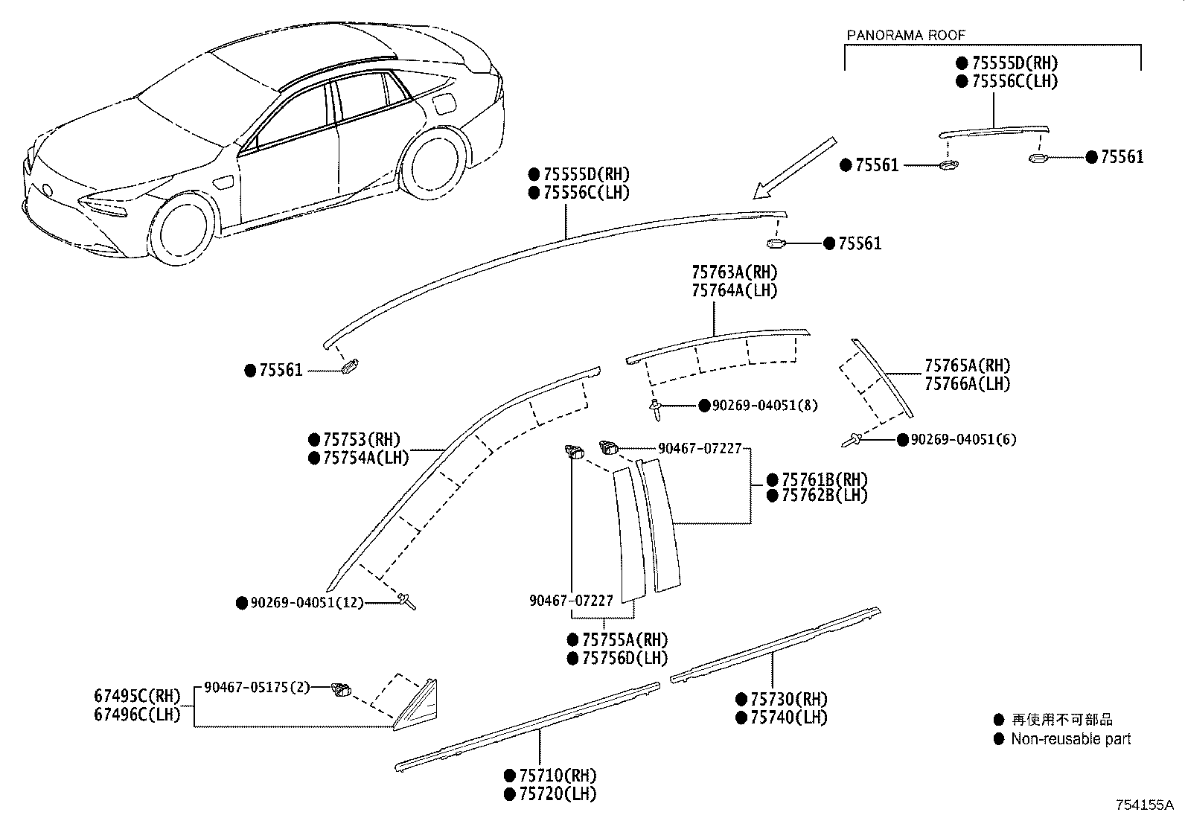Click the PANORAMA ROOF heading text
[906, 35]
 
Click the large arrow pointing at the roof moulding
[793, 168]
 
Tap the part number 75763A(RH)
[734, 272]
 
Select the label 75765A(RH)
[968, 365]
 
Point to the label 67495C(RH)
[137, 696]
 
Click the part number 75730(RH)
[788, 699]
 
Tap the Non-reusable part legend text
[1070, 739]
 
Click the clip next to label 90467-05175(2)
[342, 689]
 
